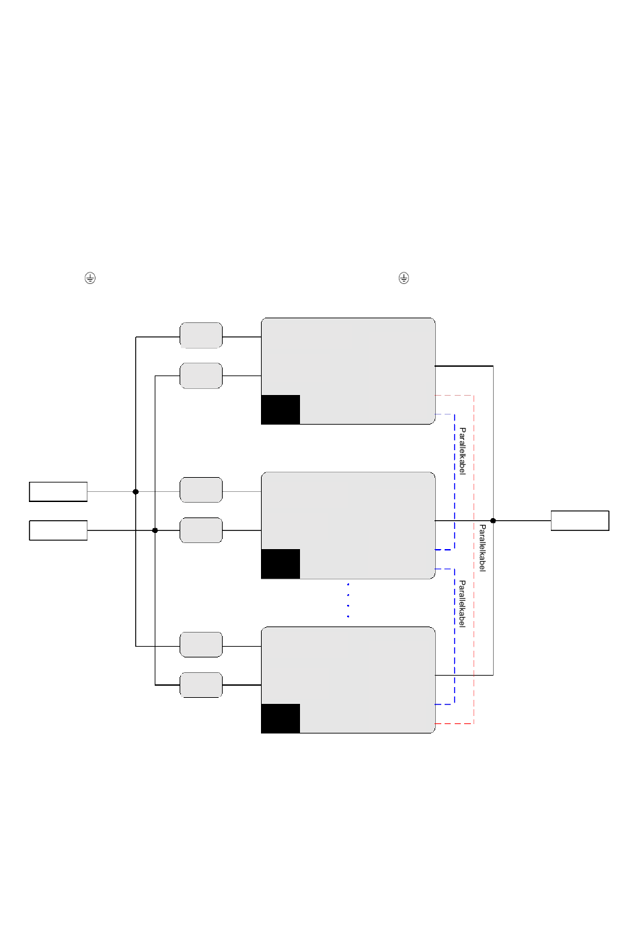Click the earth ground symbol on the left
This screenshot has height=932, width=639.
coord(90,278)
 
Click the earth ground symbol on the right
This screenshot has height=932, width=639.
coord(404,278)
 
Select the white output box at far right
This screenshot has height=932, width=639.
coord(580,521)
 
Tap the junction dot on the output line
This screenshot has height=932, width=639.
coord(493,521)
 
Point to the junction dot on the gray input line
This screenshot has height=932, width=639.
coord(136,492)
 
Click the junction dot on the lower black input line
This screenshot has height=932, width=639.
coord(155,530)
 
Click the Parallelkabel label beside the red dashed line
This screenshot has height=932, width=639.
coord(482,548)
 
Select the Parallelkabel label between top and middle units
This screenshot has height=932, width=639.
coord(462,451)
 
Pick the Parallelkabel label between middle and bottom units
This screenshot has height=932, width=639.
coord(462,604)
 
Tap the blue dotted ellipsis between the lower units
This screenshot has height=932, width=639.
coord(348,601)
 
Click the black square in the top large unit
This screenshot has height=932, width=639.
coord(280,410)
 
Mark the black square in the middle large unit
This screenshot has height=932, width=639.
coord(280,564)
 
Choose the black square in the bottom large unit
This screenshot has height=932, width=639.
coord(280,719)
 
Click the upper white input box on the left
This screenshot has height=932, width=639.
coord(59,492)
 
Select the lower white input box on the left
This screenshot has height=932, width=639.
coord(59,530)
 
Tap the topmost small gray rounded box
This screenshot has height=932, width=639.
coord(201,335)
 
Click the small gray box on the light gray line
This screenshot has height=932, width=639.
coord(201,490)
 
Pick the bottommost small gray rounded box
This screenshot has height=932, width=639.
coord(201,685)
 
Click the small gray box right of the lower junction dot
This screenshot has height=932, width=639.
coord(201,530)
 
